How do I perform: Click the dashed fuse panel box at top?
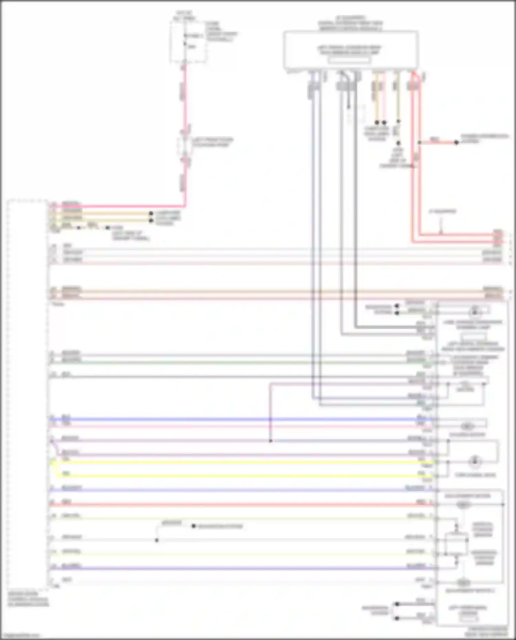[188, 41]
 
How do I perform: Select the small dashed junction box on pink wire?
[185, 147]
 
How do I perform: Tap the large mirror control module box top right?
[351, 50]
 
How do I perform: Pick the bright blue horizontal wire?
[241, 419]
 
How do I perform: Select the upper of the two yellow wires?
[241, 462]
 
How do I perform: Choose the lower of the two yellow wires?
[241, 476]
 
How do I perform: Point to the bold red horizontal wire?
[241, 505]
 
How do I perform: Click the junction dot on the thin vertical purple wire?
[271, 441]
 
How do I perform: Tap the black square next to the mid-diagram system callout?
[194, 526]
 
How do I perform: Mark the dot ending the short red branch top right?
[456, 142]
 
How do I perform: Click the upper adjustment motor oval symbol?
[463, 505]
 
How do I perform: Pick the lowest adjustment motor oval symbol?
[463, 583]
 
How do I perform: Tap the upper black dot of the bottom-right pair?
[397, 604]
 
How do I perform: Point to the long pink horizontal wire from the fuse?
[117, 207]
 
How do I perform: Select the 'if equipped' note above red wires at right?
[442, 211]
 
